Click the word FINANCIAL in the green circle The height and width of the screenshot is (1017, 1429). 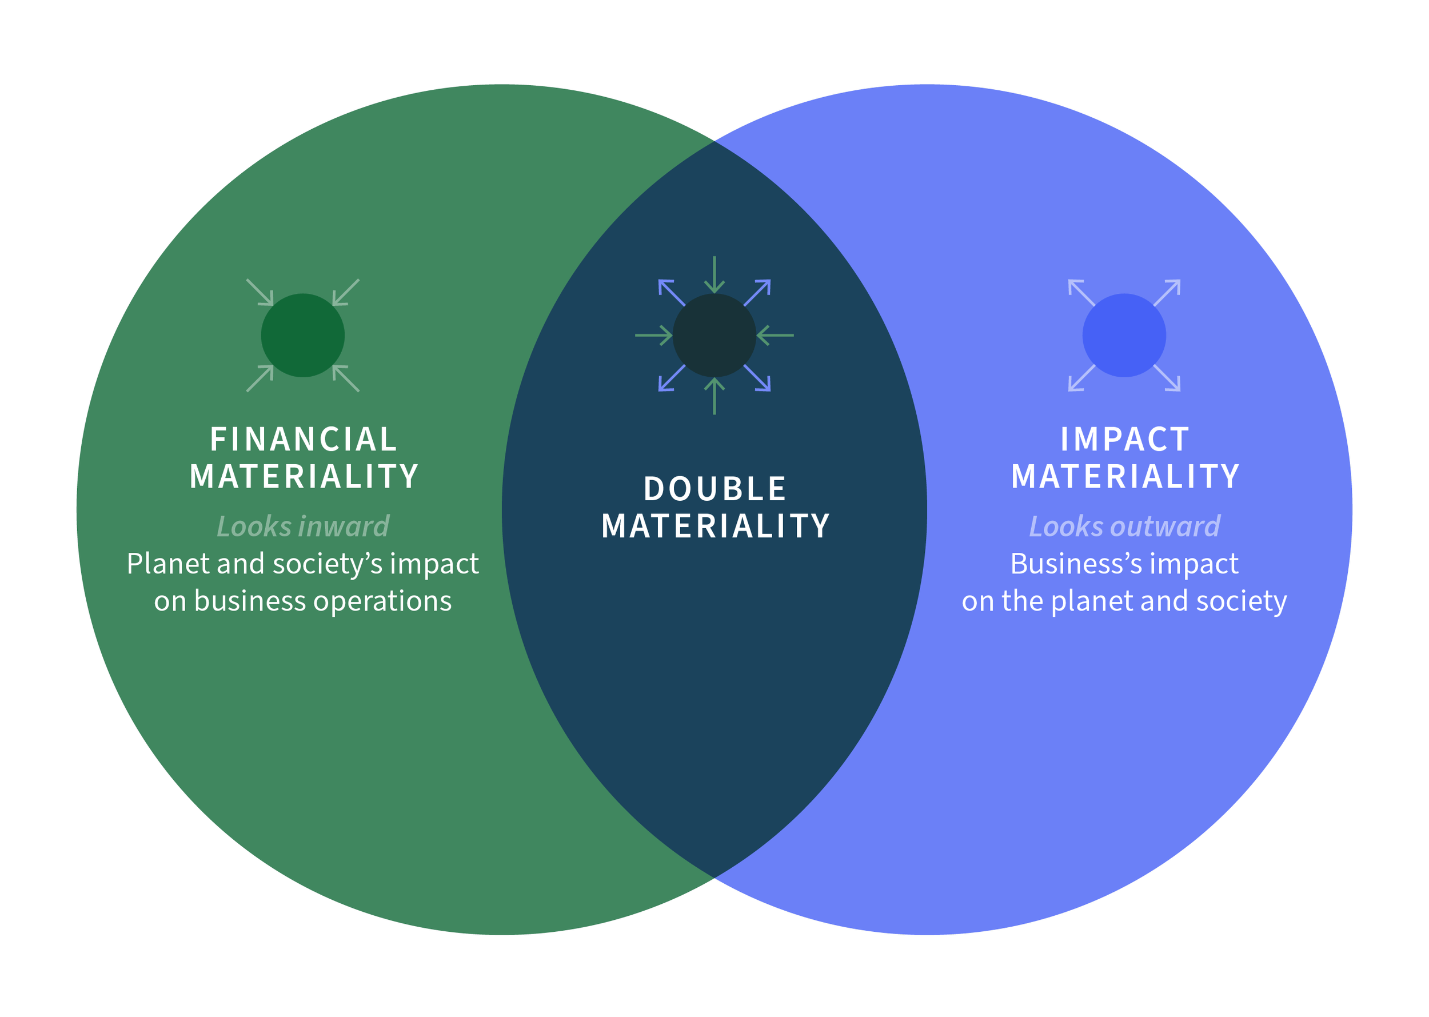coord(303,440)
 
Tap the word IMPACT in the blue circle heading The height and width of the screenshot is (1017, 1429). coord(1125,440)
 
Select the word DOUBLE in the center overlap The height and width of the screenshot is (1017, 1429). coord(714,489)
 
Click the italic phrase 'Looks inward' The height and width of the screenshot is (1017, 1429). coord(303,527)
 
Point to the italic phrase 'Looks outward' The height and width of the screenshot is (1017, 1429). coord(1125,527)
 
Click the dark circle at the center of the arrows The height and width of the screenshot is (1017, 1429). coord(714,336)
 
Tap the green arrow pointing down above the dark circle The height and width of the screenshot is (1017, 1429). coord(714,275)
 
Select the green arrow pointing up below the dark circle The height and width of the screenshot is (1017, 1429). coord(714,396)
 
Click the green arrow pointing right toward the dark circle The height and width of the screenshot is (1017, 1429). coord(654,336)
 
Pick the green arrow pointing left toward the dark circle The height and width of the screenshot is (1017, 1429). coord(775,336)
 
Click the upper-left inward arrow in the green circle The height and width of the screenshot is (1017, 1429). coord(260,293)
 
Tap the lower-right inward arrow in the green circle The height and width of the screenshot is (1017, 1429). coord(346,378)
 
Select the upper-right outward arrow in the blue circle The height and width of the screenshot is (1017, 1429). coord(1167,293)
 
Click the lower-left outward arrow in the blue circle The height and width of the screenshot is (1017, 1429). coord(1081,378)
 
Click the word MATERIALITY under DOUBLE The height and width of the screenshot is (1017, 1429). coord(714,526)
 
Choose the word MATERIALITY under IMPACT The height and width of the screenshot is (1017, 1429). coord(1125,477)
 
